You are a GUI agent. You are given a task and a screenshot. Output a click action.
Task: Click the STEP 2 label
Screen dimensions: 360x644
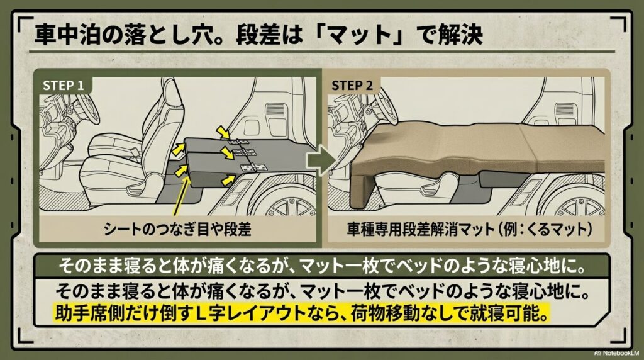tap(356, 84)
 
